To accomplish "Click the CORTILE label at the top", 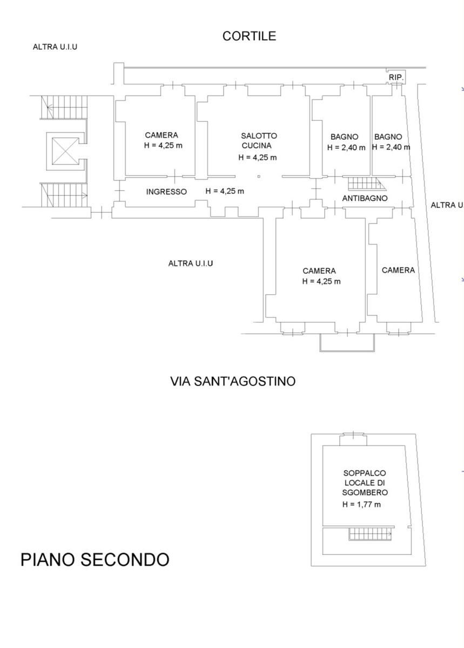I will click(249, 36).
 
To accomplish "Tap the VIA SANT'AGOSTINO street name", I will click(233, 381).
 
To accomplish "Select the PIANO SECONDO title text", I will click(95, 559).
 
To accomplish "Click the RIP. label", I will click(396, 78).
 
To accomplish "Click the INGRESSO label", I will click(166, 192).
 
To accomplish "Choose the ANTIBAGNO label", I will click(365, 198).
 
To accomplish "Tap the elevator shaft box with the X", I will click(65, 150).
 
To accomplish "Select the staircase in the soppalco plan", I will click(369, 534).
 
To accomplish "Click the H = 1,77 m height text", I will click(361, 504).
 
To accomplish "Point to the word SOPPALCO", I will click(365, 473).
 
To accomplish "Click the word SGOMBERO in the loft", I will click(365, 492).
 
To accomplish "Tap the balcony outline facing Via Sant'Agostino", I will click(347, 343).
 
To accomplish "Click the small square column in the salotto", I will click(259, 177).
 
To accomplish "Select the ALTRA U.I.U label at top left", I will click(55, 47).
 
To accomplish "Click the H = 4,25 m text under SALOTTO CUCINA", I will click(258, 158).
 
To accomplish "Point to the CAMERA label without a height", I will click(398, 270).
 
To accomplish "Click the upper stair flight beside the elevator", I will click(64, 106).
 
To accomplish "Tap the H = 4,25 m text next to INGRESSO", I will click(225, 191).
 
